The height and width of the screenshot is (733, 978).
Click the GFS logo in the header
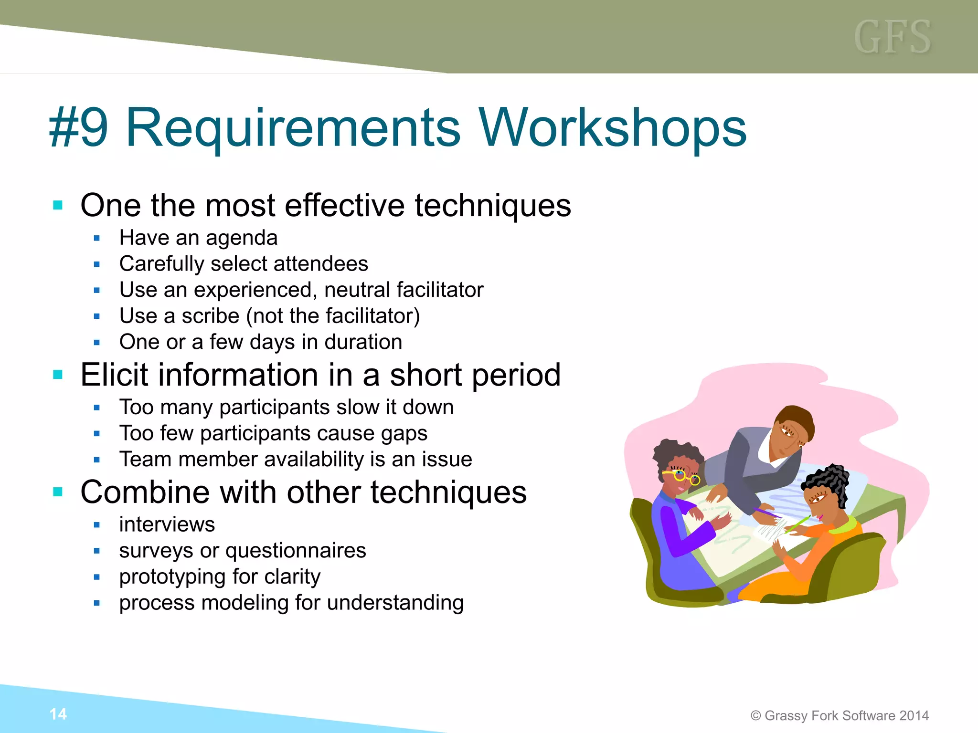(892, 37)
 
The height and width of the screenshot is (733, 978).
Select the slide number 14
(58, 714)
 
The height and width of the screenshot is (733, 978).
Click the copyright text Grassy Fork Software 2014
(840, 715)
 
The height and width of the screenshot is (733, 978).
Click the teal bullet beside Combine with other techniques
(58, 492)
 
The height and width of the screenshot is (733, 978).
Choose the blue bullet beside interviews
(97, 525)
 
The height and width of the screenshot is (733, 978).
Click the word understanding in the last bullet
(395, 603)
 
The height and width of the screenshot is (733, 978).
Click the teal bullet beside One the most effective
(58, 206)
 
